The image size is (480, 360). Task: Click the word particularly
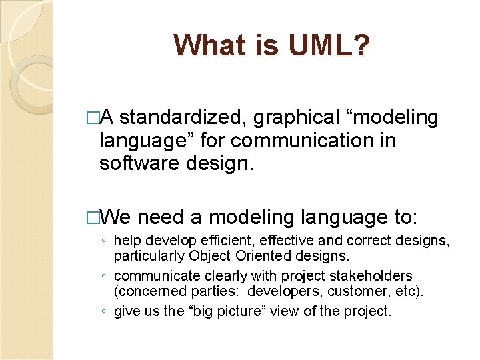click(x=151, y=255)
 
